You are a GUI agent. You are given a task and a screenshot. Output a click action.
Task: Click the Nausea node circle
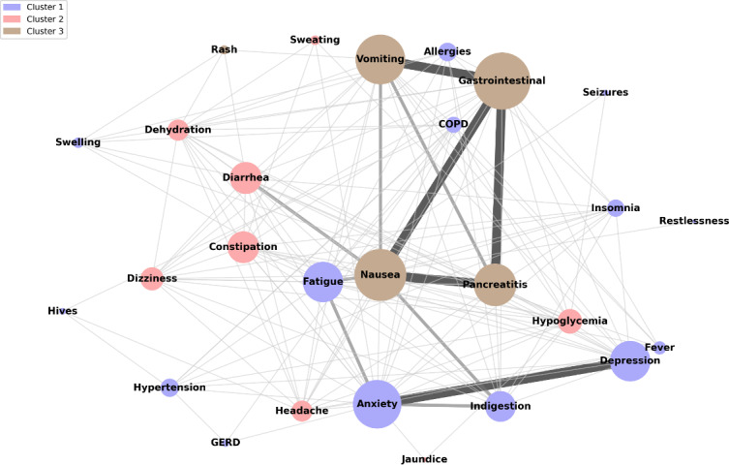[x=380, y=275]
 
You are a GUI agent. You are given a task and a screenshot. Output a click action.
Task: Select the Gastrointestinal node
[x=501, y=80]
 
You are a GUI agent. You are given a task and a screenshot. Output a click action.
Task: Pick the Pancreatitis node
[x=495, y=284]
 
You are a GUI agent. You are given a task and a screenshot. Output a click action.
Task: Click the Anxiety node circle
[x=377, y=403]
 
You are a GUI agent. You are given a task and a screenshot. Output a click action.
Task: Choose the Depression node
[x=629, y=360]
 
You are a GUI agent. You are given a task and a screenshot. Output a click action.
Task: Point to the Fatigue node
[x=323, y=282]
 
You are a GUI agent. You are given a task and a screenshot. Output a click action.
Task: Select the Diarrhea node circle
[x=246, y=177]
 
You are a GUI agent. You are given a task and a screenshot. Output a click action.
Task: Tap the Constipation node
[x=243, y=247]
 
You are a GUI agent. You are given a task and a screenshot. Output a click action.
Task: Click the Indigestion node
[x=501, y=406]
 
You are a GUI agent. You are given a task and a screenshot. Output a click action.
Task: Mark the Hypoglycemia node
[x=570, y=321]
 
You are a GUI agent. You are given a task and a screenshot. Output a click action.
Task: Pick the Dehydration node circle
[x=178, y=130]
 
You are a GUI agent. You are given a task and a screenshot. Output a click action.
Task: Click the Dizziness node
[x=151, y=278]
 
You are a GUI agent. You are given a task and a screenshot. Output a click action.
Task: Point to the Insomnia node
[x=616, y=207]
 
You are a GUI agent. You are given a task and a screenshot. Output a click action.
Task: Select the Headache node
[x=301, y=411]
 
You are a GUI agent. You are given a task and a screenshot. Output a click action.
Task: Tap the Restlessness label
[x=693, y=221]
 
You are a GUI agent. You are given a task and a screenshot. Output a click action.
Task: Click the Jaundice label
[x=424, y=459]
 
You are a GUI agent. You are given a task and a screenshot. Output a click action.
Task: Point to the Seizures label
[x=605, y=92]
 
